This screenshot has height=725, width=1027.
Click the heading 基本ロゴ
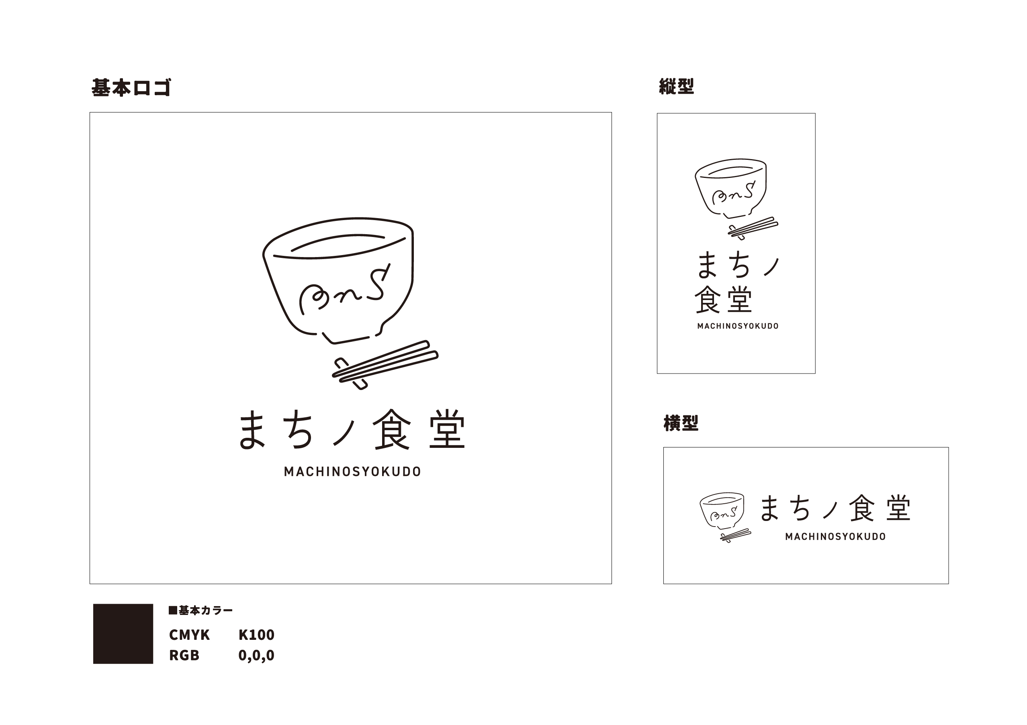(131, 88)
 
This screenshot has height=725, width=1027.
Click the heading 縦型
(676, 86)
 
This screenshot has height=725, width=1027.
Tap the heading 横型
(681, 423)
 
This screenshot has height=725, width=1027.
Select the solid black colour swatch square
(123, 634)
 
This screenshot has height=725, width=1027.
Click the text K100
(256, 635)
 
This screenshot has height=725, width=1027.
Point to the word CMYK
(189, 635)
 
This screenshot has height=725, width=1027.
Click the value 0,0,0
(256, 655)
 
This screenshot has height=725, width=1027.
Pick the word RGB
(184, 655)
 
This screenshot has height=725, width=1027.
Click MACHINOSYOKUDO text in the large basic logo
(352, 472)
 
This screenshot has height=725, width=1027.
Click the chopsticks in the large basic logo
(385, 365)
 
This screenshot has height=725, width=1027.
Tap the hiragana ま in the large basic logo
(252, 430)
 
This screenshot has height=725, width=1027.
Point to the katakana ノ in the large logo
(345, 433)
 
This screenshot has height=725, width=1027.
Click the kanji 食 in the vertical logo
(708, 299)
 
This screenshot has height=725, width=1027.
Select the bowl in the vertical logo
(730, 188)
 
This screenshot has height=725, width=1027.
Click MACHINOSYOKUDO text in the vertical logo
(738, 326)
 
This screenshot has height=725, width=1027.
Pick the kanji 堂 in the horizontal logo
(898, 508)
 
